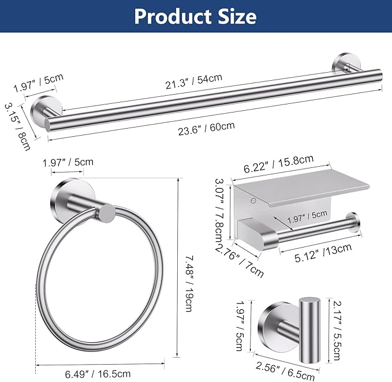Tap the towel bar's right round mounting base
tap(340, 63)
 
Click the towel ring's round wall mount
tap(65, 196)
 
